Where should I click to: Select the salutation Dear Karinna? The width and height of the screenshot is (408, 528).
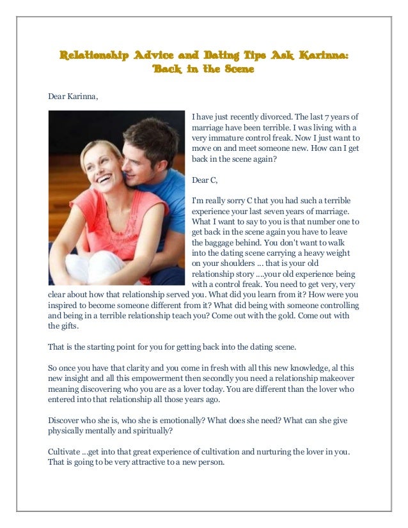pos(74,97)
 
